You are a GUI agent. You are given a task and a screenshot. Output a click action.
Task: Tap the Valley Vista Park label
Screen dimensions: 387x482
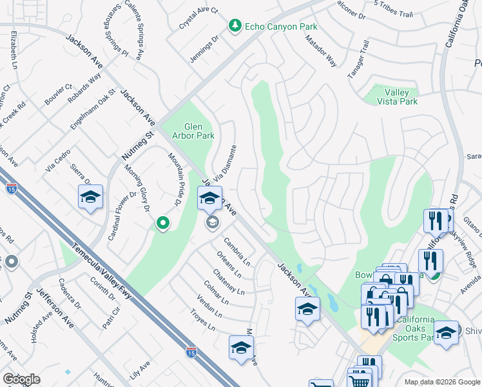(392, 97)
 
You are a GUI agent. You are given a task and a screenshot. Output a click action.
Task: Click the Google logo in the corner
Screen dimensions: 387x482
(21, 379)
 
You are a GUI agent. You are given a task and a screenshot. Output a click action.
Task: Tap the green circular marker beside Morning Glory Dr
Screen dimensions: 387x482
(163, 224)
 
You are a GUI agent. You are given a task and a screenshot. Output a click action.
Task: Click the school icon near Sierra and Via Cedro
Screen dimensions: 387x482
(91, 198)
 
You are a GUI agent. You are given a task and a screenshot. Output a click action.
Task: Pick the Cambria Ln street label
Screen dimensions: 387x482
(237, 252)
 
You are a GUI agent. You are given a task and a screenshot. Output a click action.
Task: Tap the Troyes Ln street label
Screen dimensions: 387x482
(202, 321)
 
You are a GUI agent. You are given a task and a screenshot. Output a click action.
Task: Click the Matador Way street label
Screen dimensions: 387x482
(322, 52)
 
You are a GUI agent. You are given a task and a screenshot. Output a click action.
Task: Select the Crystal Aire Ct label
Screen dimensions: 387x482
(198, 19)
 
